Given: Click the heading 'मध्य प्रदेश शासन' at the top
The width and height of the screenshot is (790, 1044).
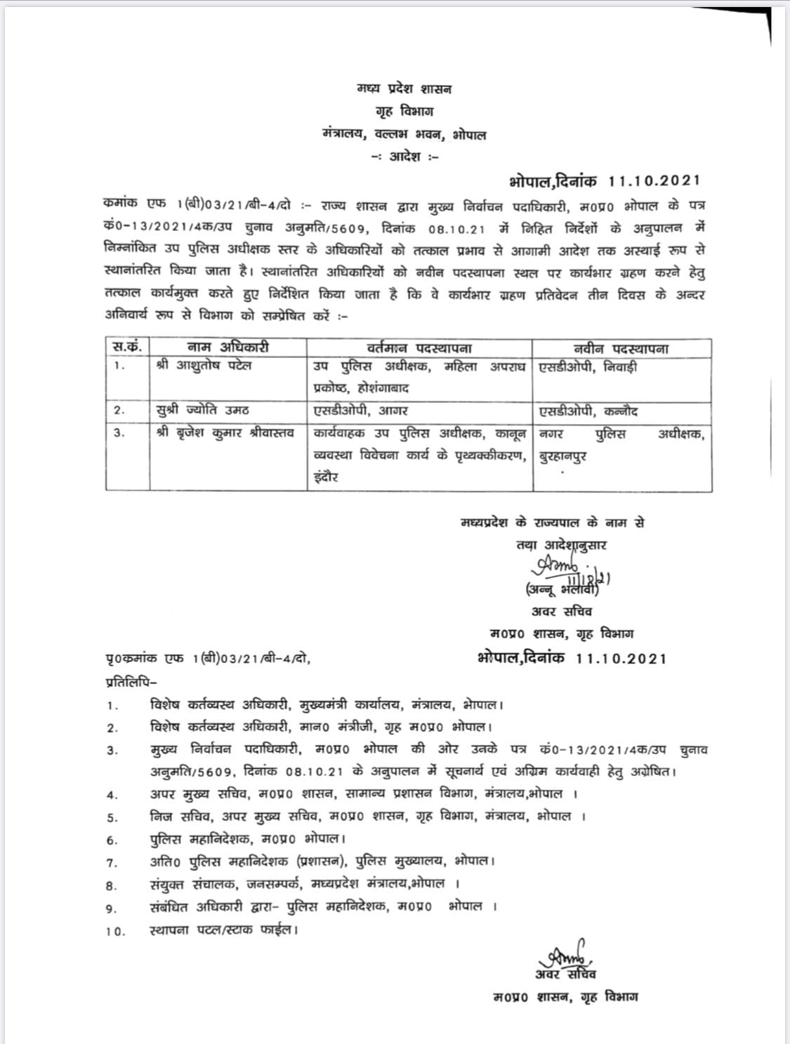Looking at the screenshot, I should click(x=403, y=89).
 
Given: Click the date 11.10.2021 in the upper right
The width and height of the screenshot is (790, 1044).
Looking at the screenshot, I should click(x=654, y=180).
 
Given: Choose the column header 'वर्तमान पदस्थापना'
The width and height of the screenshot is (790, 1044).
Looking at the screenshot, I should click(x=419, y=348).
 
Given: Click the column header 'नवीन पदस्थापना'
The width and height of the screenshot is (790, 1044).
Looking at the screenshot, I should click(x=621, y=348).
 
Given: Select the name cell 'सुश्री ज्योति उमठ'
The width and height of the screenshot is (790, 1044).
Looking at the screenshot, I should click(x=202, y=411).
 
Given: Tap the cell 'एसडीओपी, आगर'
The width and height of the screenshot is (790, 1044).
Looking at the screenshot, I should click(x=361, y=411).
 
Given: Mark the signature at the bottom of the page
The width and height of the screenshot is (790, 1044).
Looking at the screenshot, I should click(x=567, y=953).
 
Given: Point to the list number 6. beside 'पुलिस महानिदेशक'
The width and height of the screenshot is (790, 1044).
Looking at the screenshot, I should click(x=112, y=840).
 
